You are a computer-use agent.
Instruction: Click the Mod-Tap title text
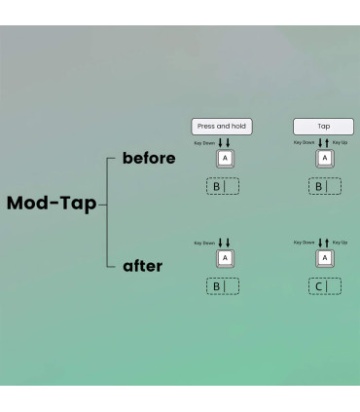point(52,204)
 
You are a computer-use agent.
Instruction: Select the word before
point(149,158)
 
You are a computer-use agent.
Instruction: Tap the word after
point(142,266)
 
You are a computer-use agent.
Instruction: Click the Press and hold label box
point(222,127)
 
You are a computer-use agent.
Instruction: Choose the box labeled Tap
point(323,127)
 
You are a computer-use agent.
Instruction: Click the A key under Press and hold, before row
point(225,159)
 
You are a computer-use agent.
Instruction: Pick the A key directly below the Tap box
point(325,159)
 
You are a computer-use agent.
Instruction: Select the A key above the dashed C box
point(325,258)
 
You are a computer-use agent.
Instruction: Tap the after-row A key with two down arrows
point(225,258)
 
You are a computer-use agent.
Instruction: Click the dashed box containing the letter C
point(325,286)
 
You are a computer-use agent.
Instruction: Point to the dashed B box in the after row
point(223,286)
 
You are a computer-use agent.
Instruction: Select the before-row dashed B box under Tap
point(325,186)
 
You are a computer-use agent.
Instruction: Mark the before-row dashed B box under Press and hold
point(223,186)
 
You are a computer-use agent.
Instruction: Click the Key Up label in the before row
point(340,142)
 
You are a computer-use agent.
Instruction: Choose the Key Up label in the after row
point(340,243)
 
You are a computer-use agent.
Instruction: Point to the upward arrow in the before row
point(327,143)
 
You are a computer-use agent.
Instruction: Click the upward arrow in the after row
point(327,243)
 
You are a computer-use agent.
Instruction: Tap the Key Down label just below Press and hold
point(204,143)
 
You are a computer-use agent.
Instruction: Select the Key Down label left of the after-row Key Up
point(305,243)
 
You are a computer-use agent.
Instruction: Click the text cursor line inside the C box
point(327,286)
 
